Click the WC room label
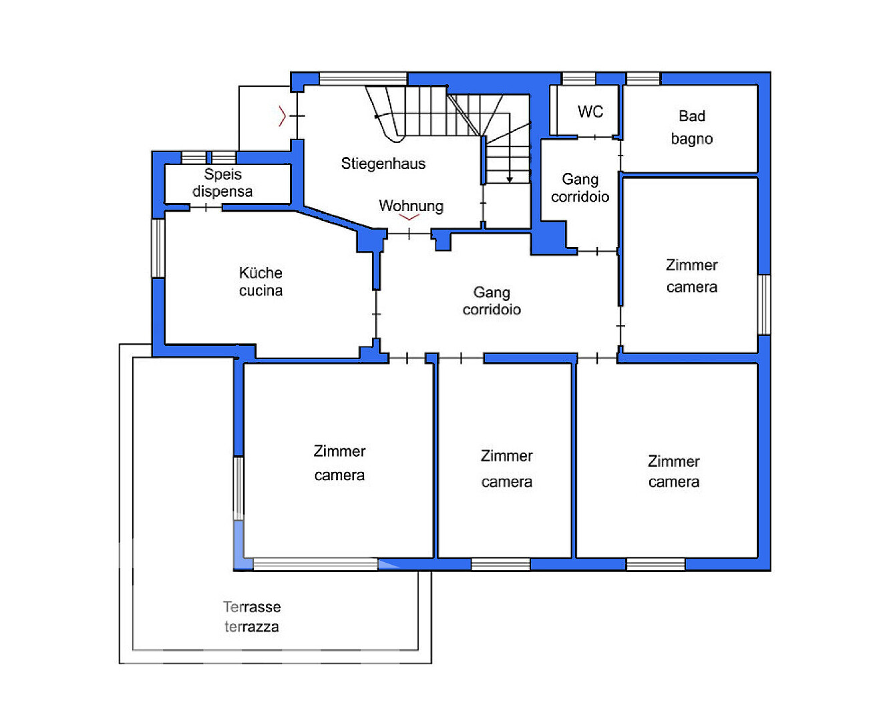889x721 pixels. click(590, 111)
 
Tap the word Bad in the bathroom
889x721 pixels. click(691, 116)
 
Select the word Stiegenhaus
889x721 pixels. click(383, 164)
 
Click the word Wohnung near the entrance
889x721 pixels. click(411, 206)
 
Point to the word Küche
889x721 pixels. click(260, 273)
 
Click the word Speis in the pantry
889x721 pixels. click(222, 174)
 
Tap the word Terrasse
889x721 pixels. click(252, 607)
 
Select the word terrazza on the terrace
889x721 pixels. click(252, 627)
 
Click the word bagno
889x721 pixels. click(691, 139)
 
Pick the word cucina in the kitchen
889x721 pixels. click(260, 290)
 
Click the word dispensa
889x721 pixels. click(222, 192)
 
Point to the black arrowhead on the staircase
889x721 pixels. click(509, 180)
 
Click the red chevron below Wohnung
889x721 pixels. click(409, 217)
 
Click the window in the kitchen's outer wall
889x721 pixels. click(158, 248)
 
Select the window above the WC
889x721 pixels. click(578, 78)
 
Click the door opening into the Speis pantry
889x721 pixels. click(206, 207)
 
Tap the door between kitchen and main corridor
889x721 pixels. click(376, 314)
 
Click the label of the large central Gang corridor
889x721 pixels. click(491, 300)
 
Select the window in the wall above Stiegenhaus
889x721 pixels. click(363, 78)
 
